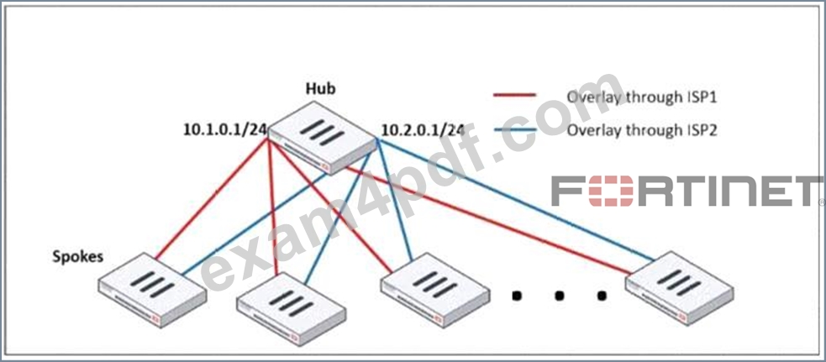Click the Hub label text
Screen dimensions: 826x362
(x=321, y=88)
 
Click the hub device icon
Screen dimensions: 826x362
(x=323, y=138)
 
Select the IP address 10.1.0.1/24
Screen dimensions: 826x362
(x=224, y=129)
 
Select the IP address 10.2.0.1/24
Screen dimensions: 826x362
(x=423, y=129)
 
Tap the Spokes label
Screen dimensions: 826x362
(x=78, y=257)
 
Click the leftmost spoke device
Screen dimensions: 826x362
(x=153, y=289)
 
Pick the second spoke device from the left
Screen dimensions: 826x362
(x=292, y=309)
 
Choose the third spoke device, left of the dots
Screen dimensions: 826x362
(x=435, y=289)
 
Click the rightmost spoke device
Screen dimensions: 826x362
(x=680, y=289)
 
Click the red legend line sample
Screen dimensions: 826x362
(x=514, y=95)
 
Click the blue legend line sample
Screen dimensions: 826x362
(x=514, y=129)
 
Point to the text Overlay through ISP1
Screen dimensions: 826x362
(x=642, y=97)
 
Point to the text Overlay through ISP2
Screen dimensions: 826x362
(x=642, y=130)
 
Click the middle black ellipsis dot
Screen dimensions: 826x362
(x=559, y=295)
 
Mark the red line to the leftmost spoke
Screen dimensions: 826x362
(x=213, y=200)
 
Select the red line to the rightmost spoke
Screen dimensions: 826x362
(x=487, y=221)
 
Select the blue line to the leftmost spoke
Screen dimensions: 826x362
(x=255, y=224)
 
